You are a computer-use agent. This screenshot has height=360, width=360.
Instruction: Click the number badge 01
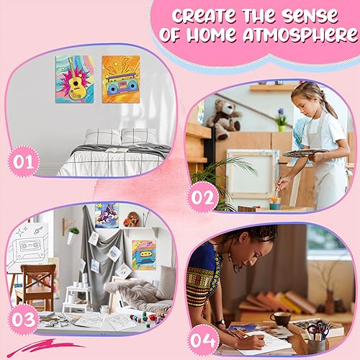tap(23, 161)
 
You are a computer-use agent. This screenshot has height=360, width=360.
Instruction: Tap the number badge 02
tap(203, 197)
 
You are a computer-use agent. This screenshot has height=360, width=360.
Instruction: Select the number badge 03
tap(23, 320)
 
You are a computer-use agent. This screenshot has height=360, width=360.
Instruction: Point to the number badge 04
tap(203, 340)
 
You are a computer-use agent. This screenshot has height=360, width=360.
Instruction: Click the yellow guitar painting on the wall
tap(74, 79)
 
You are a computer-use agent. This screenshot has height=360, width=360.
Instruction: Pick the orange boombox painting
tap(121, 79)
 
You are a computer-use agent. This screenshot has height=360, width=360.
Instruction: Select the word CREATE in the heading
tap(204, 15)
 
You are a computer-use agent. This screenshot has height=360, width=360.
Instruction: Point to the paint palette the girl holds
tap(305, 153)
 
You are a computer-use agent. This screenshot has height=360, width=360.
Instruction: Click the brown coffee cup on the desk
tap(280, 319)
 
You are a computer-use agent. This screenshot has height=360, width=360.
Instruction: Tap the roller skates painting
tap(107, 215)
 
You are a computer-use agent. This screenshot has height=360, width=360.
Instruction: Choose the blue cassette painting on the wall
tap(144, 255)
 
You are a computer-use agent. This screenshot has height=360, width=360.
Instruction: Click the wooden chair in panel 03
tap(36, 287)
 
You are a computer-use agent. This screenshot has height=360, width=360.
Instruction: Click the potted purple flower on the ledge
tap(282, 120)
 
